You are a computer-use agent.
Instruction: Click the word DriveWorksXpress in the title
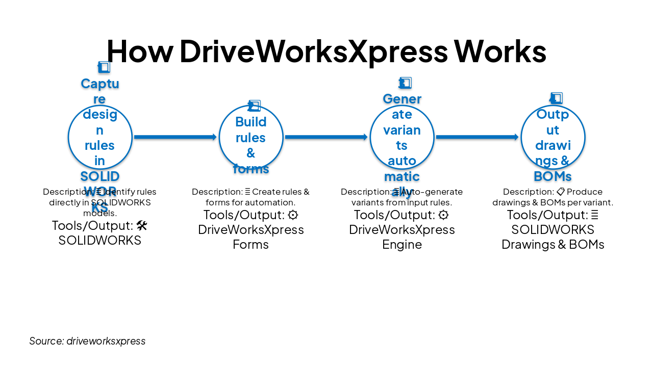coord(313,51)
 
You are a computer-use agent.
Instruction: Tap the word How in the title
coord(139,51)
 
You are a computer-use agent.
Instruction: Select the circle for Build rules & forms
coord(251,137)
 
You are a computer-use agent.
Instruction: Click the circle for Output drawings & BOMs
coord(553,137)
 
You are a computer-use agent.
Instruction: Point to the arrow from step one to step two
coord(175,137)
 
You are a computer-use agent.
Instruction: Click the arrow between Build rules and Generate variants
coord(326,137)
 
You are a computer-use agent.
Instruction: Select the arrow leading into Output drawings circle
coord(477,137)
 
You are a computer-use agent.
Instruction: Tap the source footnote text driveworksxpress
coord(106,341)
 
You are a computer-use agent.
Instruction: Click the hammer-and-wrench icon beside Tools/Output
coord(142,225)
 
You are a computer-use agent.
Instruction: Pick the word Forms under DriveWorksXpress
coord(250,245)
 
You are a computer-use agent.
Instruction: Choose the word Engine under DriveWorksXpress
coord(402,245)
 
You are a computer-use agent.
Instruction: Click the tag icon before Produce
coord(561,192)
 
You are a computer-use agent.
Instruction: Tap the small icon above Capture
coord(104,67)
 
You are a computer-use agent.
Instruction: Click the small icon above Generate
coord(405,83)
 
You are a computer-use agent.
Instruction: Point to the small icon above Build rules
coord(254,106)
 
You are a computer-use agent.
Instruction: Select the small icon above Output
coord(556,98)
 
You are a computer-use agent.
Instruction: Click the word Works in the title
coord(500,51)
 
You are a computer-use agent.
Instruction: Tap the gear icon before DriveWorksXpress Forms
coord(293,215)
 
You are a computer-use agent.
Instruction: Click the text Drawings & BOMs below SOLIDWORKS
coord(553,245)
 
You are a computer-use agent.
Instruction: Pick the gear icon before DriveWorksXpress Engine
coord(444,215)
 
